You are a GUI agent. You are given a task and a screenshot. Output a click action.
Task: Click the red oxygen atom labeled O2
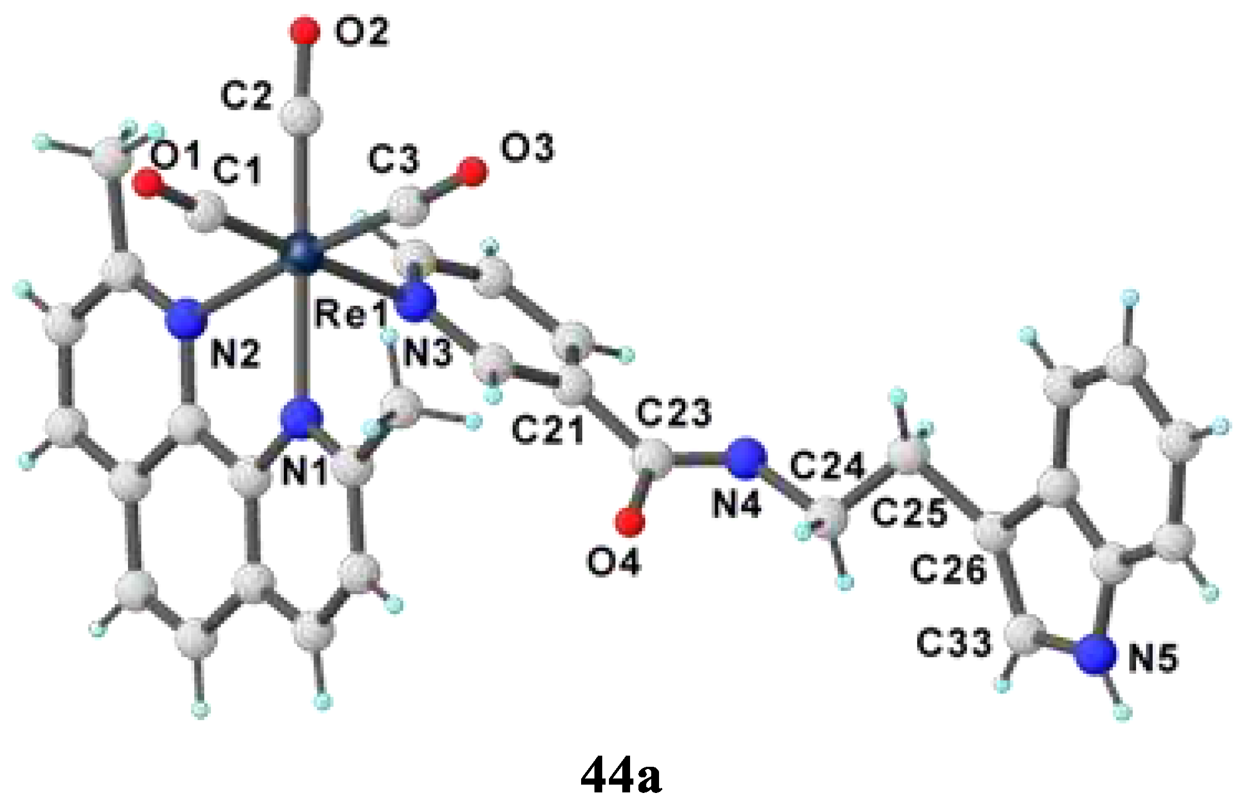304,30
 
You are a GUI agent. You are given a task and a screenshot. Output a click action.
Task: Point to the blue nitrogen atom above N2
185,319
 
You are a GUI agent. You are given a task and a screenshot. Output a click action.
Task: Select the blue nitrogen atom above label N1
302,416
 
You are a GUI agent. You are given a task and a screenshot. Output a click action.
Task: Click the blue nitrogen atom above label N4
747,458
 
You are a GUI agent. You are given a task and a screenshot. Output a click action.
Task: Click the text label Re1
351,316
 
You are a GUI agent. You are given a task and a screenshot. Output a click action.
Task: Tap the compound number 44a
621,775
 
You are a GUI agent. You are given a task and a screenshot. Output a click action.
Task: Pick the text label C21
548,430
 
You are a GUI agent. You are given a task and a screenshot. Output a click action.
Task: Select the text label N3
427,353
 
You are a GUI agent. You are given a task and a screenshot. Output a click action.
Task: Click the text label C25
909,513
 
